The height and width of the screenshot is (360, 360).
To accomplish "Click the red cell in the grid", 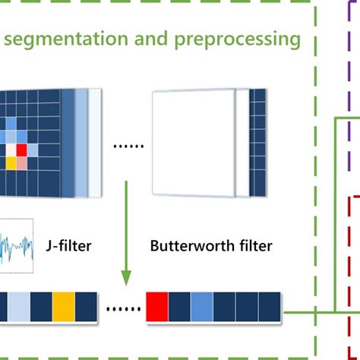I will pos(21,149).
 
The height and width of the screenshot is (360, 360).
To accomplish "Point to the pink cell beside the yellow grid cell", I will pos(21,163).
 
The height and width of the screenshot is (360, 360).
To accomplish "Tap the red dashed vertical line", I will pos(347,251).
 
